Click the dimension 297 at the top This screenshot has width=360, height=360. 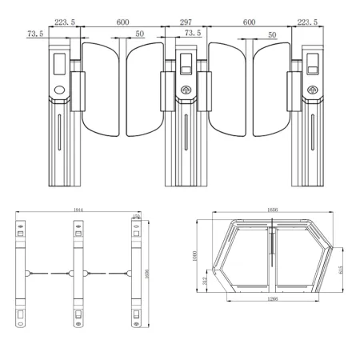click(x=186, y=23)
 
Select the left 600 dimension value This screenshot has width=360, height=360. click(x=122, y=23)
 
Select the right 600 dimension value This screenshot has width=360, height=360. click(x=250, y=23)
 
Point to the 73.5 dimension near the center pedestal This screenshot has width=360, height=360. click(x=192, y=34)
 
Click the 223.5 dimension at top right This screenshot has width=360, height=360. click(x=306, y=23)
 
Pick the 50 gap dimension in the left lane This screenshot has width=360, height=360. click(x=141, y=35)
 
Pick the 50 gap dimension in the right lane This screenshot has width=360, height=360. click(x=273, y=35)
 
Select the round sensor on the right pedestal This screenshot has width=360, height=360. click(x=310, y=90)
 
